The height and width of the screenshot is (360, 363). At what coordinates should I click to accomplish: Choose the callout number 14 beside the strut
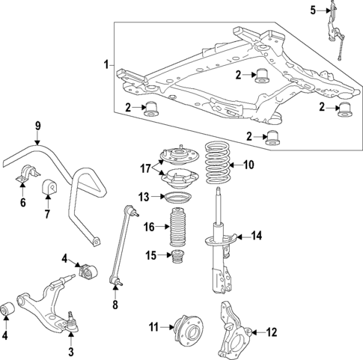coord(257,237)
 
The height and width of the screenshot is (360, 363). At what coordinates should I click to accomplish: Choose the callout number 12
coord(272,332)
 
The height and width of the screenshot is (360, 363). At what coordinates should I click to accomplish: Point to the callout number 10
coord(249,165)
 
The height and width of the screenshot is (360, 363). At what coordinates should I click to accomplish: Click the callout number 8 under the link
coord(115,305)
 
